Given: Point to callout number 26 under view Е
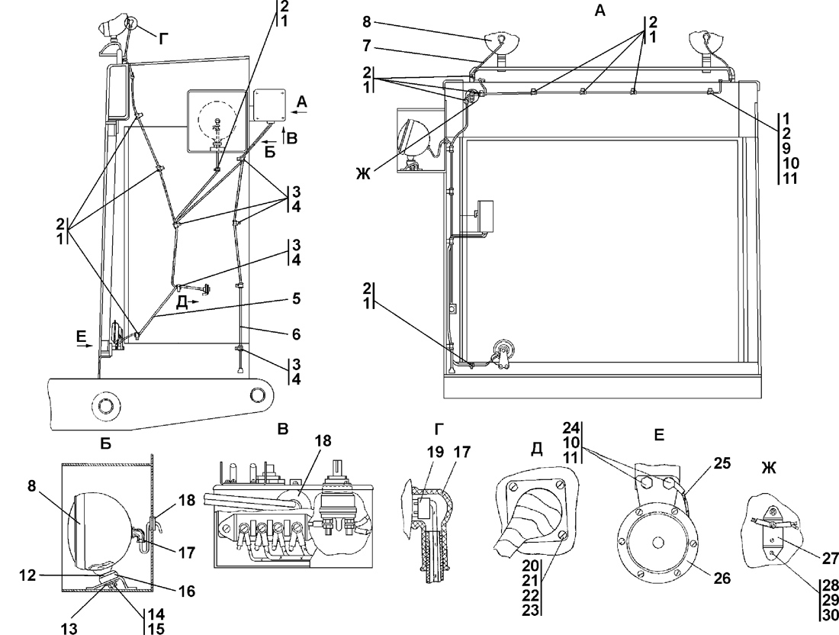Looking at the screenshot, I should (722, 578).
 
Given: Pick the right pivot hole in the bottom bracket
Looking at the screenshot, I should (260, 395).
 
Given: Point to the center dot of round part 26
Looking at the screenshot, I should (657, 543).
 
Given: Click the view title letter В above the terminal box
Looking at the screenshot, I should (283, 430).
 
